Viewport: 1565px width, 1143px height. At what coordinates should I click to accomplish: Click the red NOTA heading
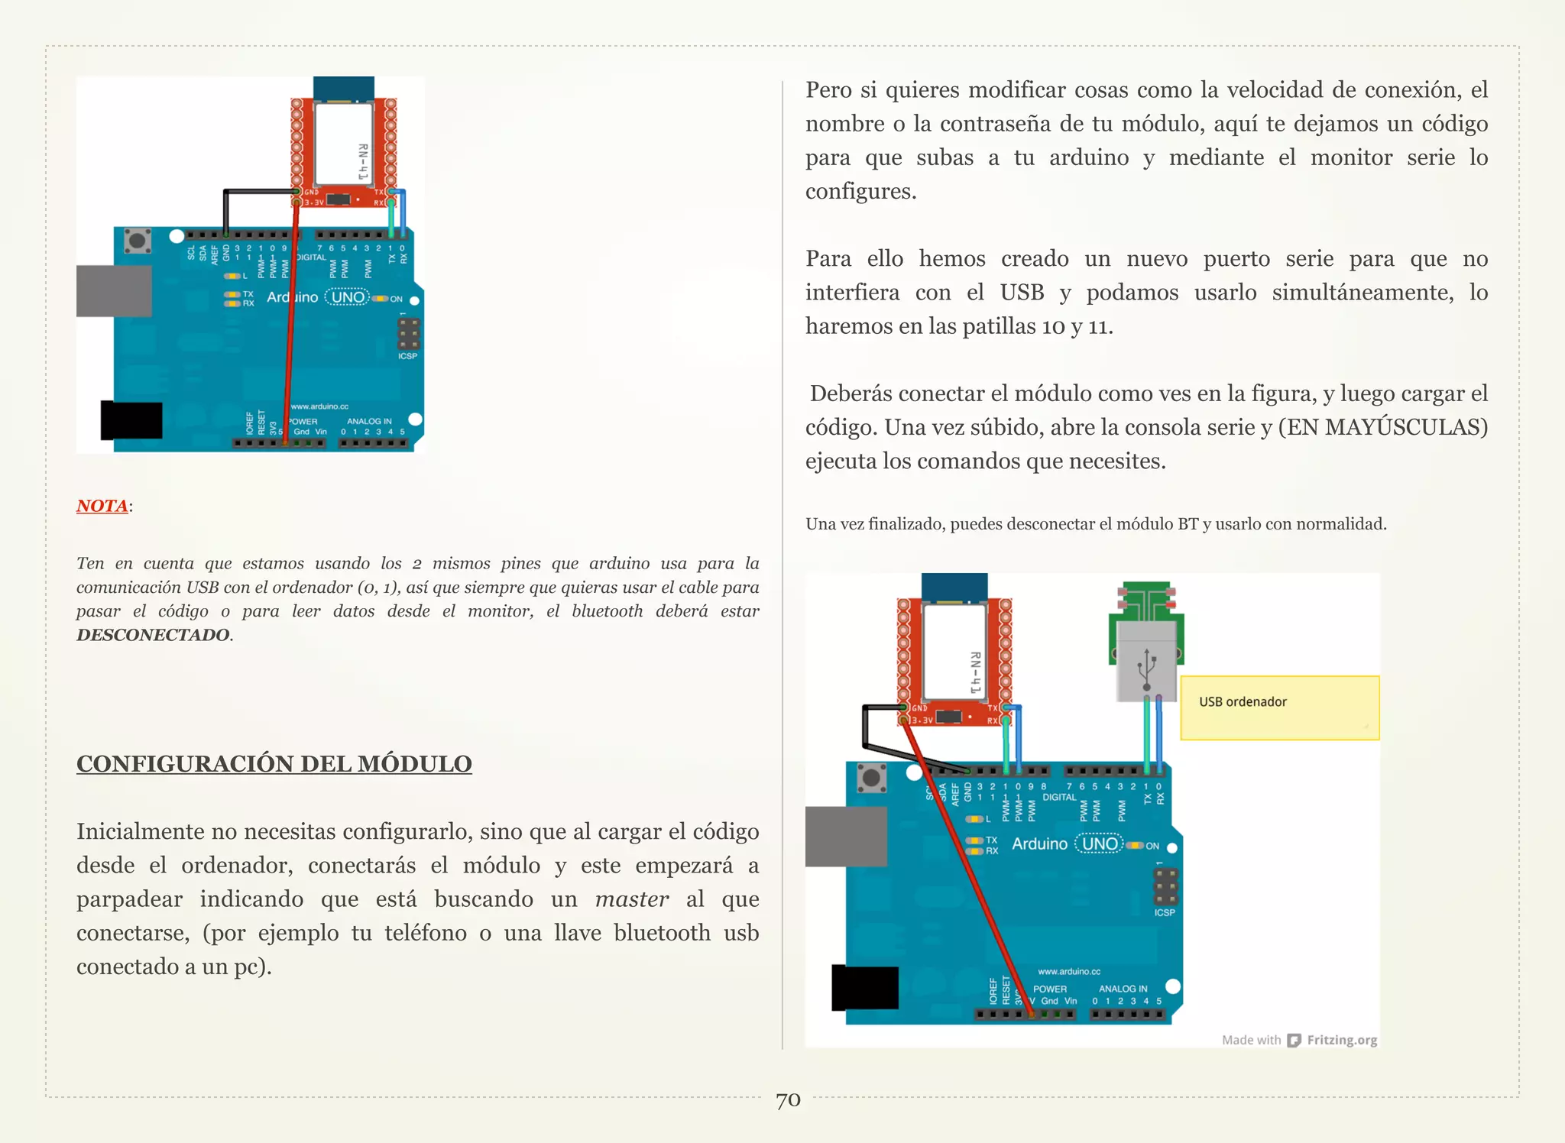pos(102,506)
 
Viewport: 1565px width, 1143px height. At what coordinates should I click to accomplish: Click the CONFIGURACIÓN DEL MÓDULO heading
pos(274,763)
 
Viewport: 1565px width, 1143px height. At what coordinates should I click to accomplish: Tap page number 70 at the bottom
pos(788,1100)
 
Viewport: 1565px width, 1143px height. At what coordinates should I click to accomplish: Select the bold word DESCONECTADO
pos(153,635)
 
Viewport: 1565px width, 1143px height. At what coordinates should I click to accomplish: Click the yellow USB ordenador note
pos(1279,707)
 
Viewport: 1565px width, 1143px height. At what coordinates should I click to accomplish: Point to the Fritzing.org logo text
pos(1341,1040)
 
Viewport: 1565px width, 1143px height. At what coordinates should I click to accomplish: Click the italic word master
pos(632,899)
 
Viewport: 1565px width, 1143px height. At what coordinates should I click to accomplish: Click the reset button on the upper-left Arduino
pos(138,241)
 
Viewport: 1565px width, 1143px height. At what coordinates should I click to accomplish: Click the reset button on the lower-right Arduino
pos(871,779)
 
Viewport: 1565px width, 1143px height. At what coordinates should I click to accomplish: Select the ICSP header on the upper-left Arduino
pos(408,334)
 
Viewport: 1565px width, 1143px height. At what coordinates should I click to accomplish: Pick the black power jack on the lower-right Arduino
pos(865,987)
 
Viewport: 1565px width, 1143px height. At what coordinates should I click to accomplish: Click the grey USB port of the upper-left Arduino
pos(113,290)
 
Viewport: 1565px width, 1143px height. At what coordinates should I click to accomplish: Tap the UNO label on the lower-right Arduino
pos(1100,844)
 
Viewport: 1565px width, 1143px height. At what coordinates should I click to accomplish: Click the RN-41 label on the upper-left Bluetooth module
pos(363,162)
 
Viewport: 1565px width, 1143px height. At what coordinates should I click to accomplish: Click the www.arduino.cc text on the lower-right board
pos(1068,971)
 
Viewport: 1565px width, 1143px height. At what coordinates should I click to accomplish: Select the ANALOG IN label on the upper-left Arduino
pos(369,421)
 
